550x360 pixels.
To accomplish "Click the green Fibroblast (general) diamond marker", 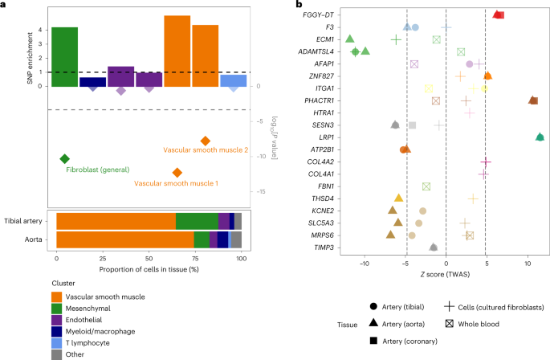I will (x=65, y=158).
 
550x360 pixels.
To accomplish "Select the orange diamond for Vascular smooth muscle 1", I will (x=177, y=173).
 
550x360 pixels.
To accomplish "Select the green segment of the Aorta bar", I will (x=202, y=239).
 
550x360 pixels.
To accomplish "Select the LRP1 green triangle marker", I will (x=540, y=137).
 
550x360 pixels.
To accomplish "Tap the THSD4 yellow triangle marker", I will (x=398, y=198).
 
